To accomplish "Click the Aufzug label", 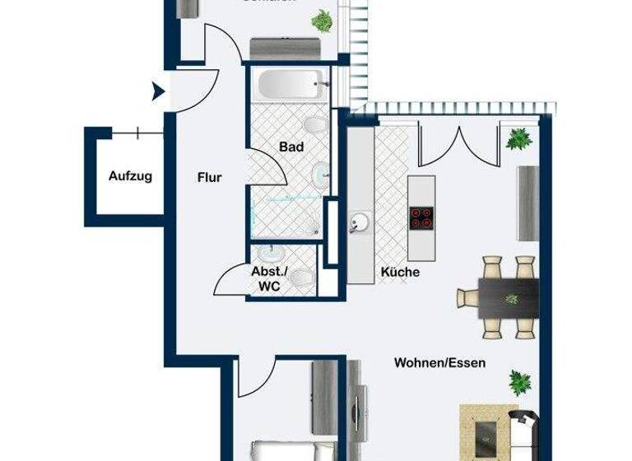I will click(x=130, y=176).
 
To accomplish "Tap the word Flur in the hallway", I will click(x=209, y=177).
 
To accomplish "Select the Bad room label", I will click(x=291, y=147).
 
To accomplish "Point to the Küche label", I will click(x=400, y=272).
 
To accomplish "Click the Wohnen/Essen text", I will click(x=439, y=362).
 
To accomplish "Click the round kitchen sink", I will click(x=360, y=221).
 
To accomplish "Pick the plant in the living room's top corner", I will click(x=518, y=139).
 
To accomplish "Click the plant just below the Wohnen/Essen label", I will click(x=518, y=382).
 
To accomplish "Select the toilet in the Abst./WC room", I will click(x=302, y=278).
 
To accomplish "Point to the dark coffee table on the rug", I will click(x=487, y=430).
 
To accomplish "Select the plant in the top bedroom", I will click(x=323, y=21).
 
